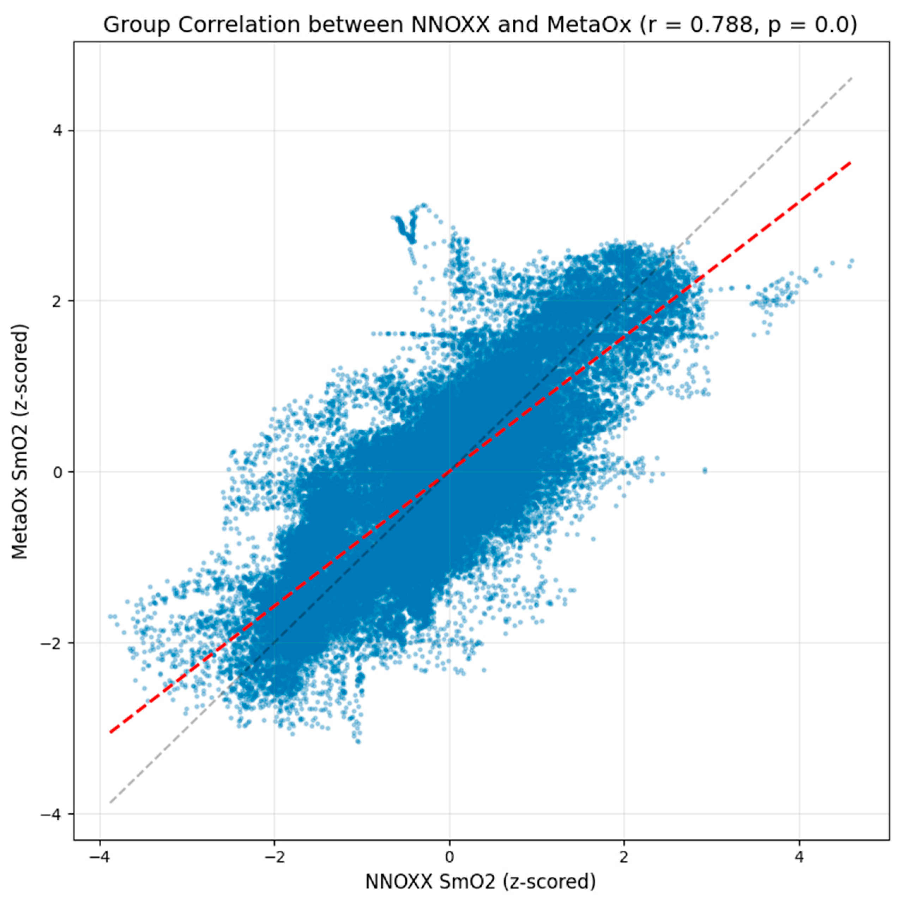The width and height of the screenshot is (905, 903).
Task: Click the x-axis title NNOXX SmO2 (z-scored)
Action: (x=481, y=882)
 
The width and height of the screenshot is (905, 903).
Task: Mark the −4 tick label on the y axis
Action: (x=53, y=814)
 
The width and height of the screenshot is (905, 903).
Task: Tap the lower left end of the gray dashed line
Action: (x=110, y=803)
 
